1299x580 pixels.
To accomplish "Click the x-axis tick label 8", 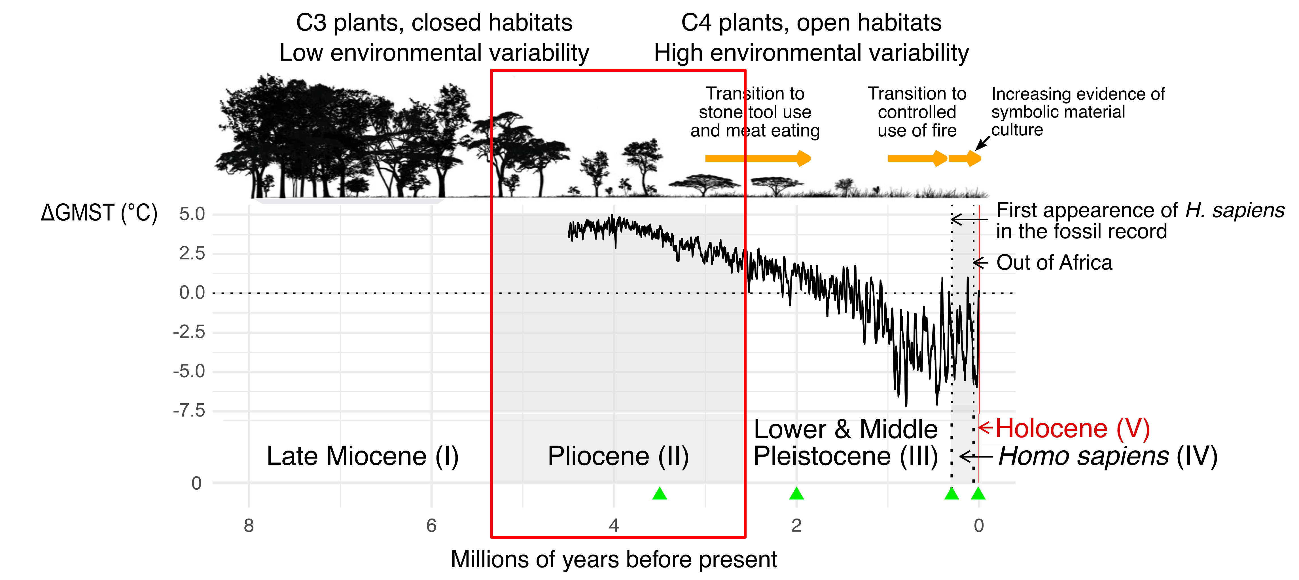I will pos(249,526).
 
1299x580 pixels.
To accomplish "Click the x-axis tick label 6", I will pos(431,526).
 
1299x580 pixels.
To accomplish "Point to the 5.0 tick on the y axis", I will pos(192,214).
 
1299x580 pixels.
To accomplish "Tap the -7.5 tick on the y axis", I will pos(189,411).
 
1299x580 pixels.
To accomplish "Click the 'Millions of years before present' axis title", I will pos(614,559).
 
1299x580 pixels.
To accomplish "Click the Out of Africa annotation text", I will pos(1054,263).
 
